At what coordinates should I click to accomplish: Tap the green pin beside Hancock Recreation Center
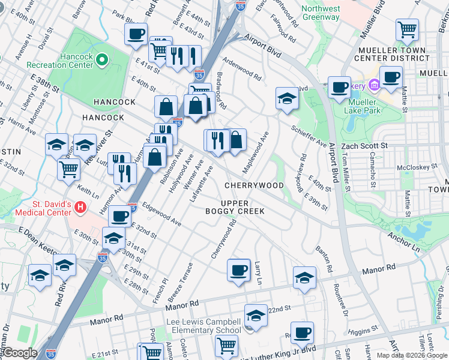(x=102, y=59)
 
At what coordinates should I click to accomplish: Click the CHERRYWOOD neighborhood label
(x=254, y=185)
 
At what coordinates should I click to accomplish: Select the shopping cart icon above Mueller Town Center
(x=407, y=29)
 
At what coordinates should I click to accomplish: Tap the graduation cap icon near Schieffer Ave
(x=287, y=98)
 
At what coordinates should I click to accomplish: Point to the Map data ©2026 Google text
(x=411, y=355)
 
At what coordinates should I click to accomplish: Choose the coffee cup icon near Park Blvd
(x=136, y=33)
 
